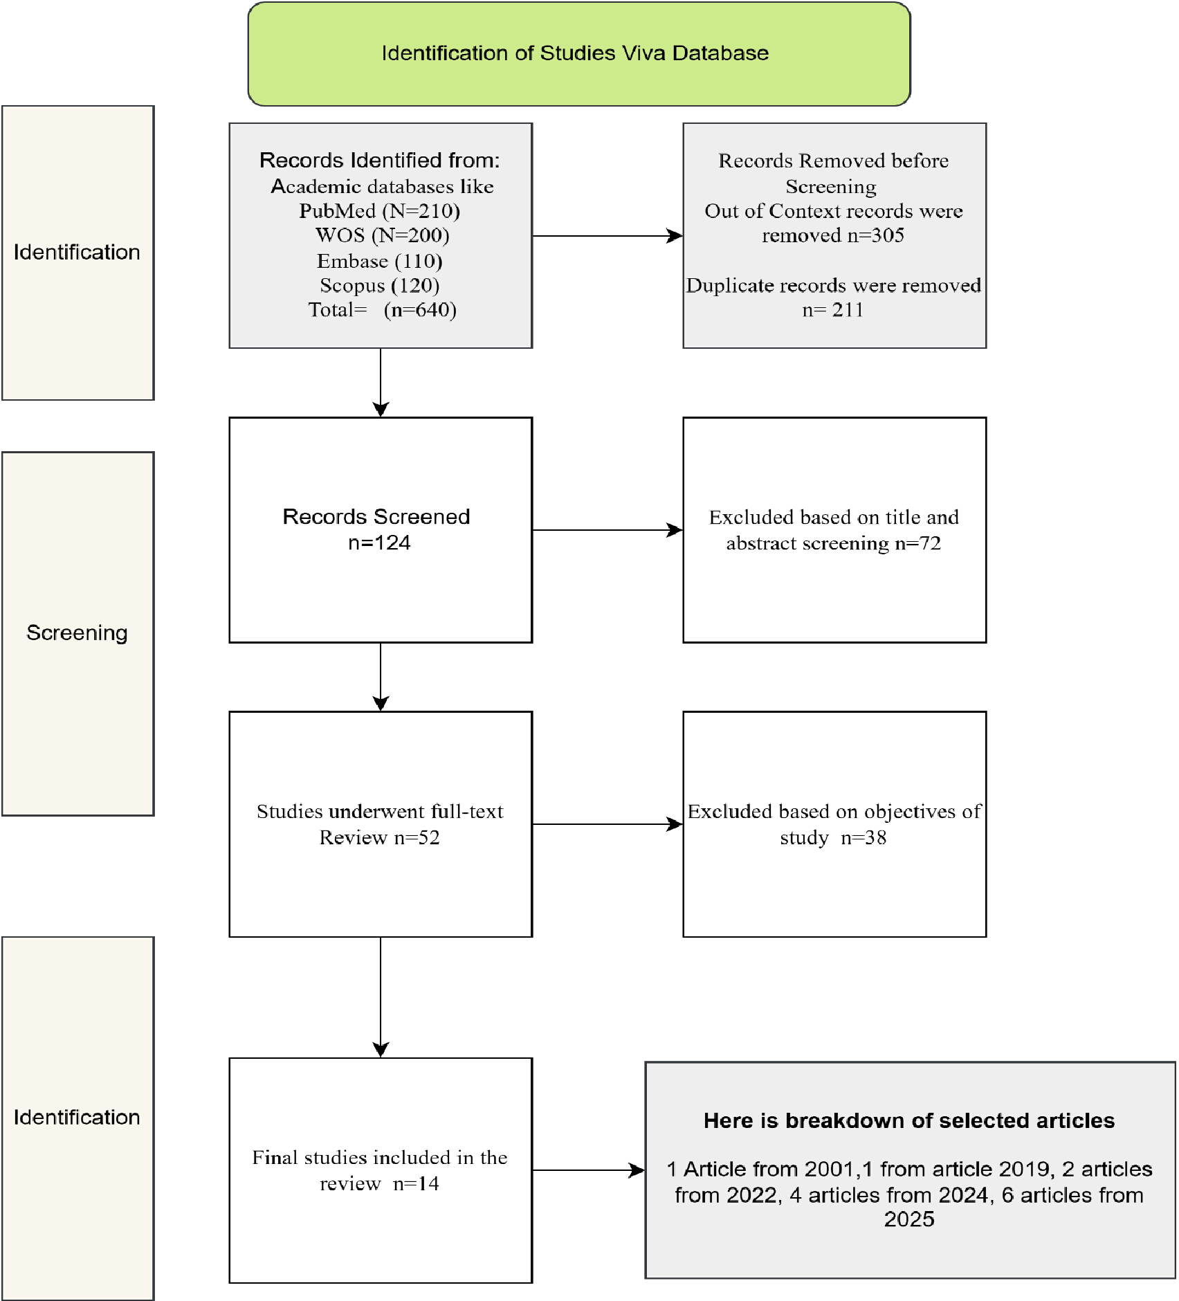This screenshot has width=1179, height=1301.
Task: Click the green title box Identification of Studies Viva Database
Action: [579, 54]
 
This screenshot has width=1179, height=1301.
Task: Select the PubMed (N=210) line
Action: [380, 210]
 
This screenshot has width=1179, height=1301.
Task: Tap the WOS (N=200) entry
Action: [383, 235]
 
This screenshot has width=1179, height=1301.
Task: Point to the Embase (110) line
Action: [380, 261]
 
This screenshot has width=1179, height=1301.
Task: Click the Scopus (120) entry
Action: [380, 285]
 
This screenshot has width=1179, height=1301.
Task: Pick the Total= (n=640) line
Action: [383, 309]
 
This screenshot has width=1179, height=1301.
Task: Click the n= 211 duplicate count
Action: [833, 310]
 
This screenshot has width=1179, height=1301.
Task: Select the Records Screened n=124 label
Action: [377, 529]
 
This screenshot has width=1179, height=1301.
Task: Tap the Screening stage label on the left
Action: [77, 633]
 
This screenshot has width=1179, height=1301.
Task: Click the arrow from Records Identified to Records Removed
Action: [607, 236]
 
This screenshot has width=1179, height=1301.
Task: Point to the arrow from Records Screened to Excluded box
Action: [607, 530]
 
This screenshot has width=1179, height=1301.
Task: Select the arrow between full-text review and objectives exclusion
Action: [607, 824]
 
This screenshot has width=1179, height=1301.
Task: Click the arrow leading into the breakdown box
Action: [589, 1170]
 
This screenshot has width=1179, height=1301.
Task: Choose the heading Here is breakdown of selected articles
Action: [909, 1120]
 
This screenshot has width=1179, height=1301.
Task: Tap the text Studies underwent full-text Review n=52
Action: [380, 824]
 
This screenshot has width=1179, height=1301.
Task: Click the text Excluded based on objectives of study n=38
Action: [834, 824]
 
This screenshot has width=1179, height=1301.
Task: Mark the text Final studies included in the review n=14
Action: [380, 1170]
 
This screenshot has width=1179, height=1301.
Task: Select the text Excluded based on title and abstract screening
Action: [834, 530]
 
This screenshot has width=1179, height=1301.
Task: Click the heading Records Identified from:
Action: [380, 160]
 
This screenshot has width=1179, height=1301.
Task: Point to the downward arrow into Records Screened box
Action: [381, 383]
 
